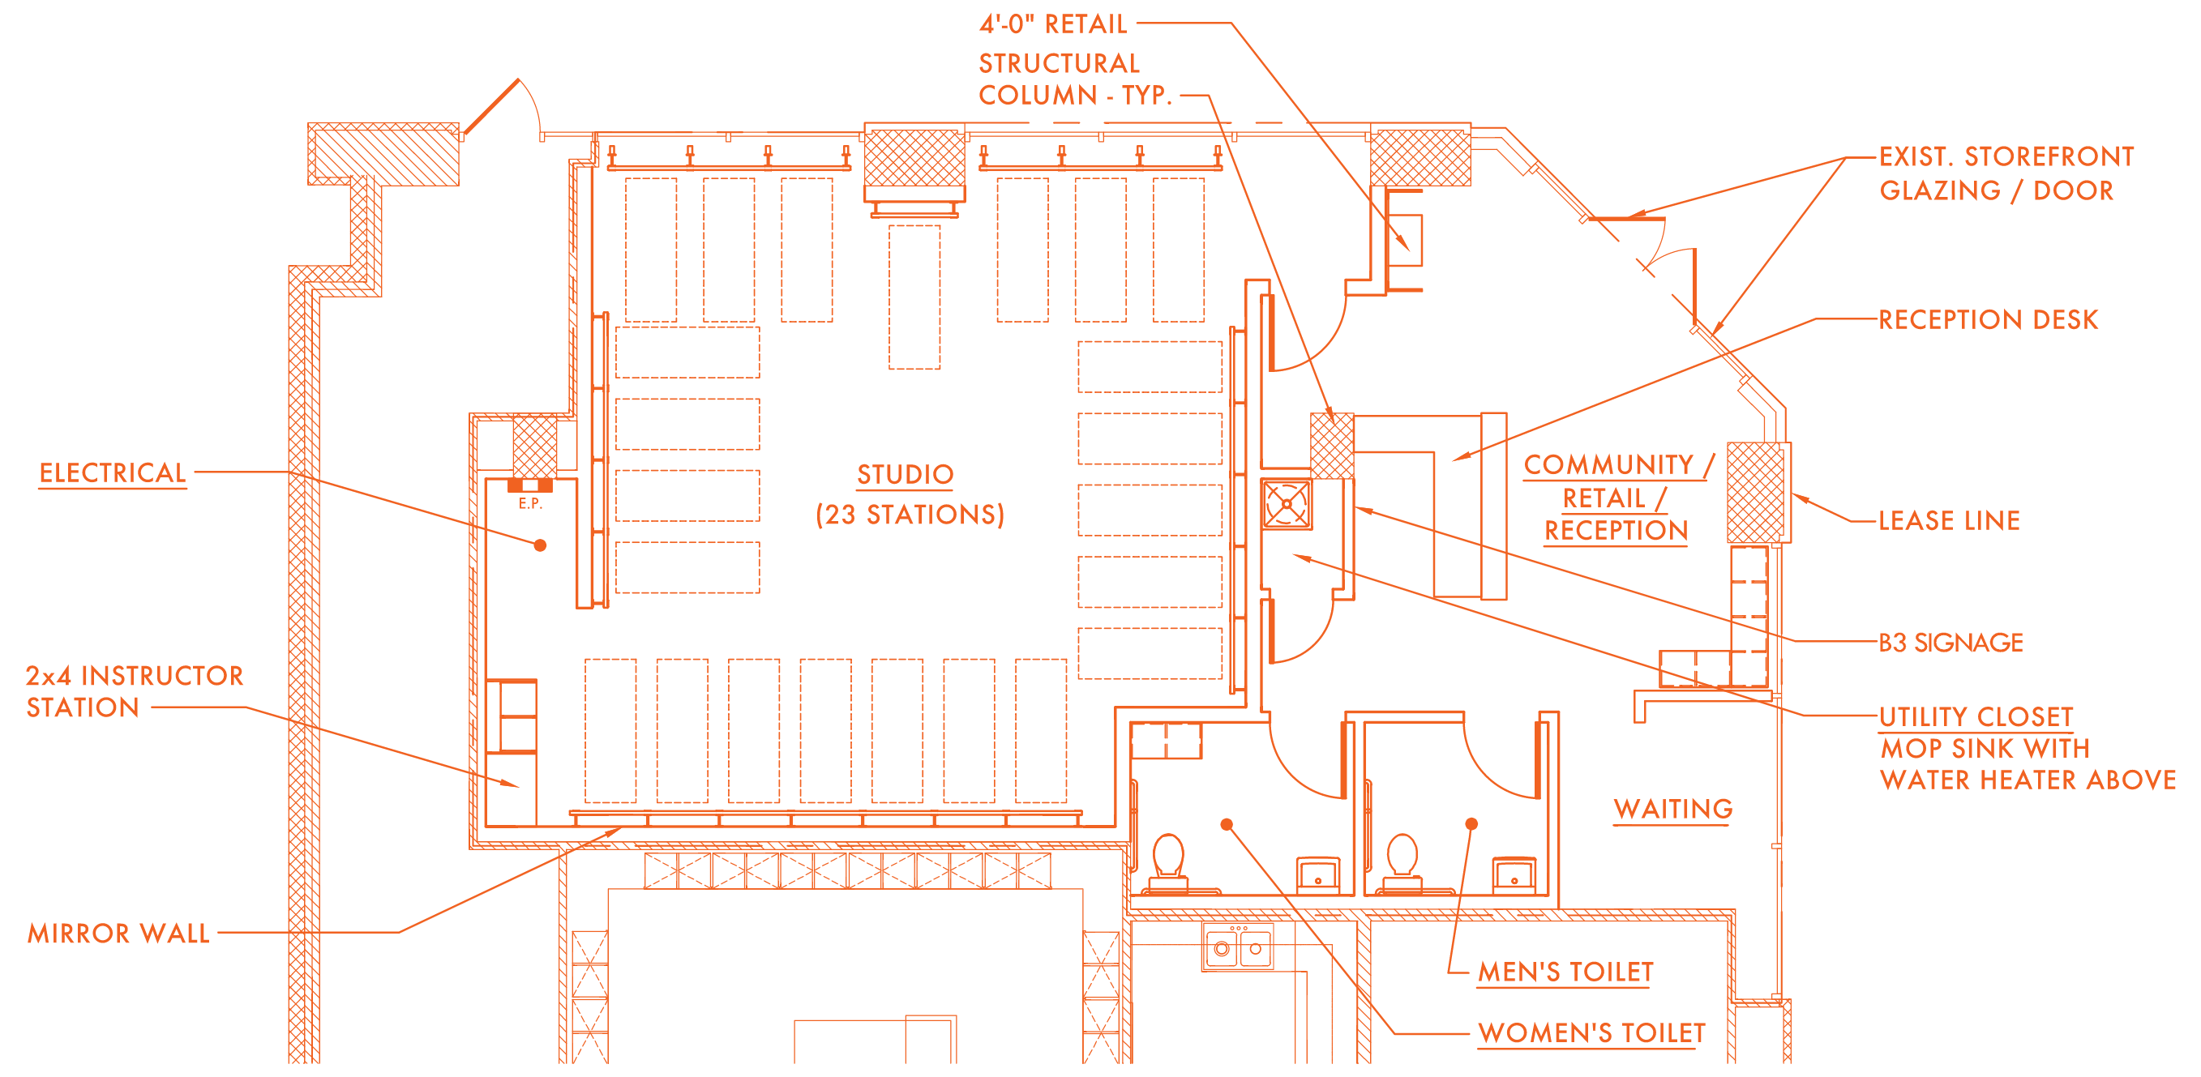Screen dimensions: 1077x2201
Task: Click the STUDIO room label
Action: pyautogui.click(x=905, y=475)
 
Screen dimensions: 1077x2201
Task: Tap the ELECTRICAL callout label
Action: pyautogui.click(x=113, y=473)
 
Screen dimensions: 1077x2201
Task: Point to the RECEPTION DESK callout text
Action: pyautogui.click(x=1988, y=319)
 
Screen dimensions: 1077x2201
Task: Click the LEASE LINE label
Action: pyautogui.click(x=1949, y=520)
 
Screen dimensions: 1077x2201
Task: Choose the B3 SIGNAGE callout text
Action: pyautogui.click(x=1950, y=643)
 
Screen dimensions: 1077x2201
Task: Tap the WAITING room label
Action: pyautogui.click(x=1673, y=809)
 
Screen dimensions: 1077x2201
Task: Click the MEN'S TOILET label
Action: pyautogui.click(x=1565, y=972)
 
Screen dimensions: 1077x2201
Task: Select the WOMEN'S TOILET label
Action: pyautogui.click(x=1591, y=1033)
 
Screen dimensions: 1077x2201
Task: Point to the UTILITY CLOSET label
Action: pyautogui.click(x=1976, y=716)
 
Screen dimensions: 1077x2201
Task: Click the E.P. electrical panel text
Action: pyautogui.click(x=531, y=504)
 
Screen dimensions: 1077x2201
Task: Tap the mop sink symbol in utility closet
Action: pyautogui.click(x=1287, y=504)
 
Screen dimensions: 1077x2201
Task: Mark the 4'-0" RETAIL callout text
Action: pyautogui.click(x=1052, y=24)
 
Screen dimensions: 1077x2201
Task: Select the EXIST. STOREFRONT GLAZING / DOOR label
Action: pyautogui.click(x=2006, y=173)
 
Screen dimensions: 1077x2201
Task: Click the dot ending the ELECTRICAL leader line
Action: pyautogui.click(x=540, y=545)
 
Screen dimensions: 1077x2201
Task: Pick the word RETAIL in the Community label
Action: pyautogui.click(x=1604, y=498)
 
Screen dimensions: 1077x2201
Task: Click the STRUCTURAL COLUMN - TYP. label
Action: pyautogui.click(x=1074, y=79)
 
